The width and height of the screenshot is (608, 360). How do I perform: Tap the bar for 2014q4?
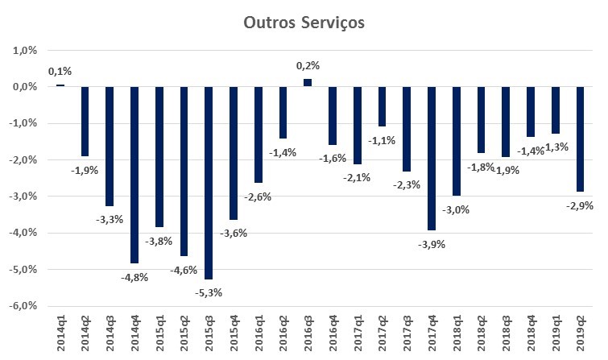pyautogui.click(x=134, y=174)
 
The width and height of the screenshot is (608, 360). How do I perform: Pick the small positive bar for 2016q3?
pyautogui.click(x=308, y=82)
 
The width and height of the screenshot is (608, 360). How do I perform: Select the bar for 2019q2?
pyautogui.click(x=581, y=139)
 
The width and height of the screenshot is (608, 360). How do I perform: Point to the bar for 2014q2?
pyautogui.click(x=85, y=121)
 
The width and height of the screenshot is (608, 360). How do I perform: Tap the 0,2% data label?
pyautogui.click(x=308, y=66)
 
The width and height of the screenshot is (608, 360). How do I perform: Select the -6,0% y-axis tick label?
pyautogui.click(x=24, y=306)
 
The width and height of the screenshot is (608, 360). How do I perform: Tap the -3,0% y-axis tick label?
pyautogui.click(x=24, y=197)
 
